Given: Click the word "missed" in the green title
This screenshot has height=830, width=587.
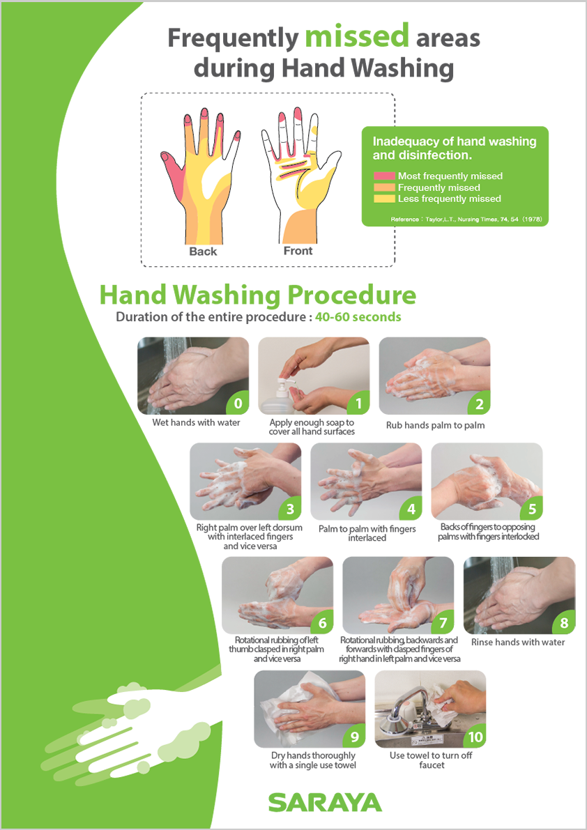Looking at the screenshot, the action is [x=357, y=36].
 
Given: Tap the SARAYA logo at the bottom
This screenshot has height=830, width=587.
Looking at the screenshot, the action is [x=325, y=802].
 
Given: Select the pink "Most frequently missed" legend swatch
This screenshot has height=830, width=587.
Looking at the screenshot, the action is [x=384, y=176].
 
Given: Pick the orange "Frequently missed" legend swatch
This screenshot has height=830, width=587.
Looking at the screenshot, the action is [x=384, y=187].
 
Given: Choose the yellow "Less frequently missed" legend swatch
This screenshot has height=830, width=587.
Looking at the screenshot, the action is [x=384, y=199].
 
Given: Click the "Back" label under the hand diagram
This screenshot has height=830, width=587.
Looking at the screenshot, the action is [x=204, y=252].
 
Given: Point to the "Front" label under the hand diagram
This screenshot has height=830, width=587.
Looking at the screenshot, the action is [x=298, y=251].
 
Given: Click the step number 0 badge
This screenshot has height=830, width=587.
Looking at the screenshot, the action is [x=238, y=404].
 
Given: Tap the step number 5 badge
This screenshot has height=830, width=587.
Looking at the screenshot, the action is [x=531, y=509].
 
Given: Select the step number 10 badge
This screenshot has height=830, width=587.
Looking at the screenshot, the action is [x=475, y=737].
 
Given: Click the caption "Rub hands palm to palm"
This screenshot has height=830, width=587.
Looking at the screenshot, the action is [x=435, y=425].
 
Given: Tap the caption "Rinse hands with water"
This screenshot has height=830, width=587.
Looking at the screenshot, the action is [x=518, y=642].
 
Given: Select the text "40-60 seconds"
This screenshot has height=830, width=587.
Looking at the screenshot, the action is [x=358, y=317].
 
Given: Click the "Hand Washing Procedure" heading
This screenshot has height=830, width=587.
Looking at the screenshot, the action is [x=258, y=295].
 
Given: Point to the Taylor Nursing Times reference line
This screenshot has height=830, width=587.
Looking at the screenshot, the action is [x=466, y=219].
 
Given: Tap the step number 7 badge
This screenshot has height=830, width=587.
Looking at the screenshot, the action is [x=443, y=623].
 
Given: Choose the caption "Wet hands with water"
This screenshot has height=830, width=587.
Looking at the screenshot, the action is [x=196, y=422].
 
